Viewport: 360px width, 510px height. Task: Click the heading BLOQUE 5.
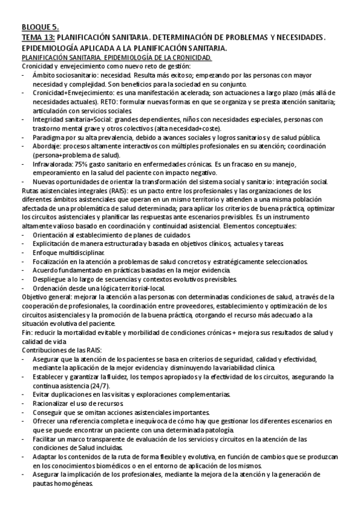[40, 27]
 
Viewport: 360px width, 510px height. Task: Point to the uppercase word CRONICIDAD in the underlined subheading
[189, 57]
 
